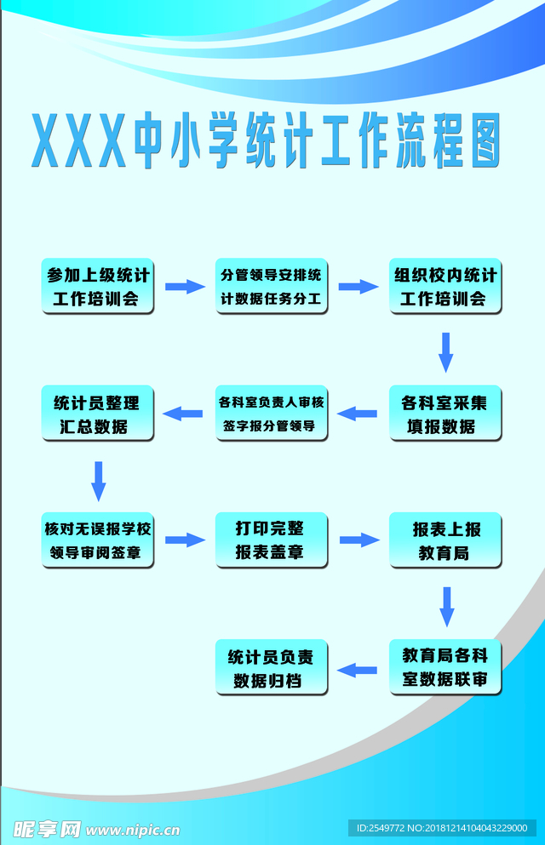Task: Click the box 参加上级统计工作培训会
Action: [x=97, y=286]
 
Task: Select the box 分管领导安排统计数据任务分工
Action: [x=271, y=286]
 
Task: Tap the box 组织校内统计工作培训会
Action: [x=445, y=286]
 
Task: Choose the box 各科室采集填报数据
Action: [x=445, y=414]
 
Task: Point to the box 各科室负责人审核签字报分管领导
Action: [x=271, y=414]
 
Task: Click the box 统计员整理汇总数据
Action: [x=97, y=414]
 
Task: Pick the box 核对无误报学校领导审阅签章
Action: [x=97, y=540]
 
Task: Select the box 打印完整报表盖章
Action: [x=271, y=540]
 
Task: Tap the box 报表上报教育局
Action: [x=445, y=540]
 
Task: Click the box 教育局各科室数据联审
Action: [x=445, y=668]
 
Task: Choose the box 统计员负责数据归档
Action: [x=271, y=668]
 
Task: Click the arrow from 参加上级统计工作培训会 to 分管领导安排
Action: [x=184, y=287]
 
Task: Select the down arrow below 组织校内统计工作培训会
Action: [x=445, y=351]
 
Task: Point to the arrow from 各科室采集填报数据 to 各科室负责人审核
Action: [x=358, y=414]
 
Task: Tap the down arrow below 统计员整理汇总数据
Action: [x=99, y=480]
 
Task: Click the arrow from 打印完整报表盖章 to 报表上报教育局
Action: [x=359, y=540]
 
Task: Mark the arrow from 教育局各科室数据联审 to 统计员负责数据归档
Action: [x=358, y=670]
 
